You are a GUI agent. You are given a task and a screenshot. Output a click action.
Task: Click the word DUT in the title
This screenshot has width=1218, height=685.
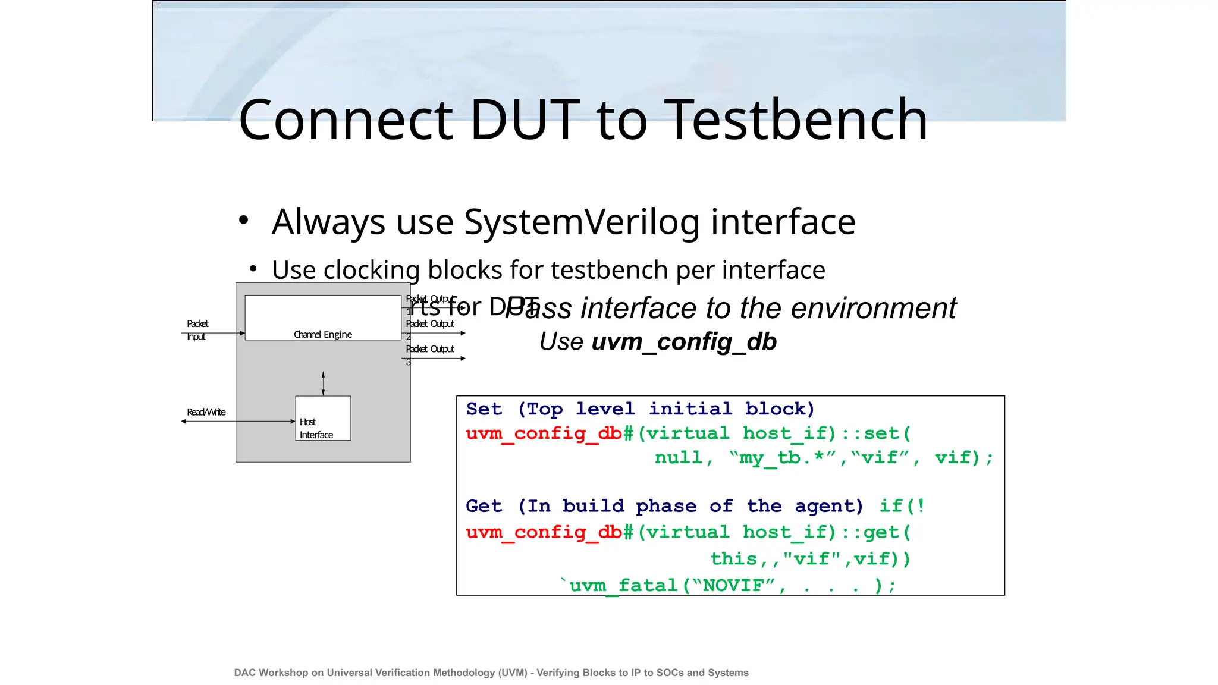(525, 120)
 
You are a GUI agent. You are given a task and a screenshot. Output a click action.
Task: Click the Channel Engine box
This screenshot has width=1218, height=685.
(323, 318)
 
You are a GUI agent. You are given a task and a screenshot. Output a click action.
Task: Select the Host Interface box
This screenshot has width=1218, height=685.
(323, 419)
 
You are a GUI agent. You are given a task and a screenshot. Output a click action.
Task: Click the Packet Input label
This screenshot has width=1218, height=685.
(197, 330)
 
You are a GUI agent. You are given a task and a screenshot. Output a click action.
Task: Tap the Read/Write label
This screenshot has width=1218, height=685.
(206, 412)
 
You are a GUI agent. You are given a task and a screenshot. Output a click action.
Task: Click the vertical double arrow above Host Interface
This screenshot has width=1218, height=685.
(323, 384)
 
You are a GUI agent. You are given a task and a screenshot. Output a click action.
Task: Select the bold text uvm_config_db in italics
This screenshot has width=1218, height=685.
(684, 342)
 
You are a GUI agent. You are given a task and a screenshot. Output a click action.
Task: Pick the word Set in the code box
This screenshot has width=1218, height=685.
(484, 409)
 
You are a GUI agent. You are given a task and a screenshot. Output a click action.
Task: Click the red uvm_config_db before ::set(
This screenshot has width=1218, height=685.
(544, 433)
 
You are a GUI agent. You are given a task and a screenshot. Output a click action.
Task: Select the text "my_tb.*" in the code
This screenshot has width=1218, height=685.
(783, 458)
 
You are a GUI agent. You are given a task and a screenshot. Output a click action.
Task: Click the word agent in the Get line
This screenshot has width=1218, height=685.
(828, 506)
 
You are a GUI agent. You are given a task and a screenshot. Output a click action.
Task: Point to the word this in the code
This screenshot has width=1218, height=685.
(734, 559)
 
